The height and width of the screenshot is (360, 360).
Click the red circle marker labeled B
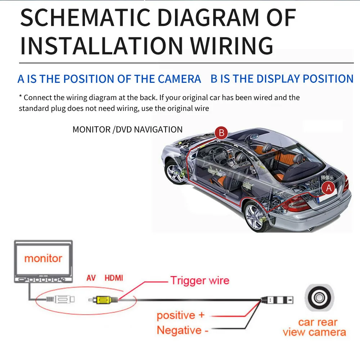tap(221, 133)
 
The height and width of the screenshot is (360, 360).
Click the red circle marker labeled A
tap(329, 188)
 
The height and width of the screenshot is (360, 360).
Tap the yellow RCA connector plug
tap(104, 300)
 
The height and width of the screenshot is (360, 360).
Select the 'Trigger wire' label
tap(200, 280)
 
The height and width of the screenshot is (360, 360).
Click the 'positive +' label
tap(180, 315)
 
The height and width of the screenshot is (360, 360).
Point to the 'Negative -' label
tap(183, 330)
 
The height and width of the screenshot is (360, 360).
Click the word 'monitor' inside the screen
tap(43, 258)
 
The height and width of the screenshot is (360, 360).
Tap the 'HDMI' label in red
tap(114, 278)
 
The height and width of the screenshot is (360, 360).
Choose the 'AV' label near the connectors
tap(91, 278)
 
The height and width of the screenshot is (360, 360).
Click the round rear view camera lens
tap(319, 298)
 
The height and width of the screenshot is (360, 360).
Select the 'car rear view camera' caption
tap(315, 327)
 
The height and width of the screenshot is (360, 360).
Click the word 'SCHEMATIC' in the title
tap(85, 18)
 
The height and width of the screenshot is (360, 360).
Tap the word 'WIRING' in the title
tap(232, 46)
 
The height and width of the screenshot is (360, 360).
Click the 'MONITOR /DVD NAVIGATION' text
tap(127, 130)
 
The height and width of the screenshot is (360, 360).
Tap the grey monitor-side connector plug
tap(60, 300)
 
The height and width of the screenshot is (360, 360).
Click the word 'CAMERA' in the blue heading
tap(180, 79)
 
